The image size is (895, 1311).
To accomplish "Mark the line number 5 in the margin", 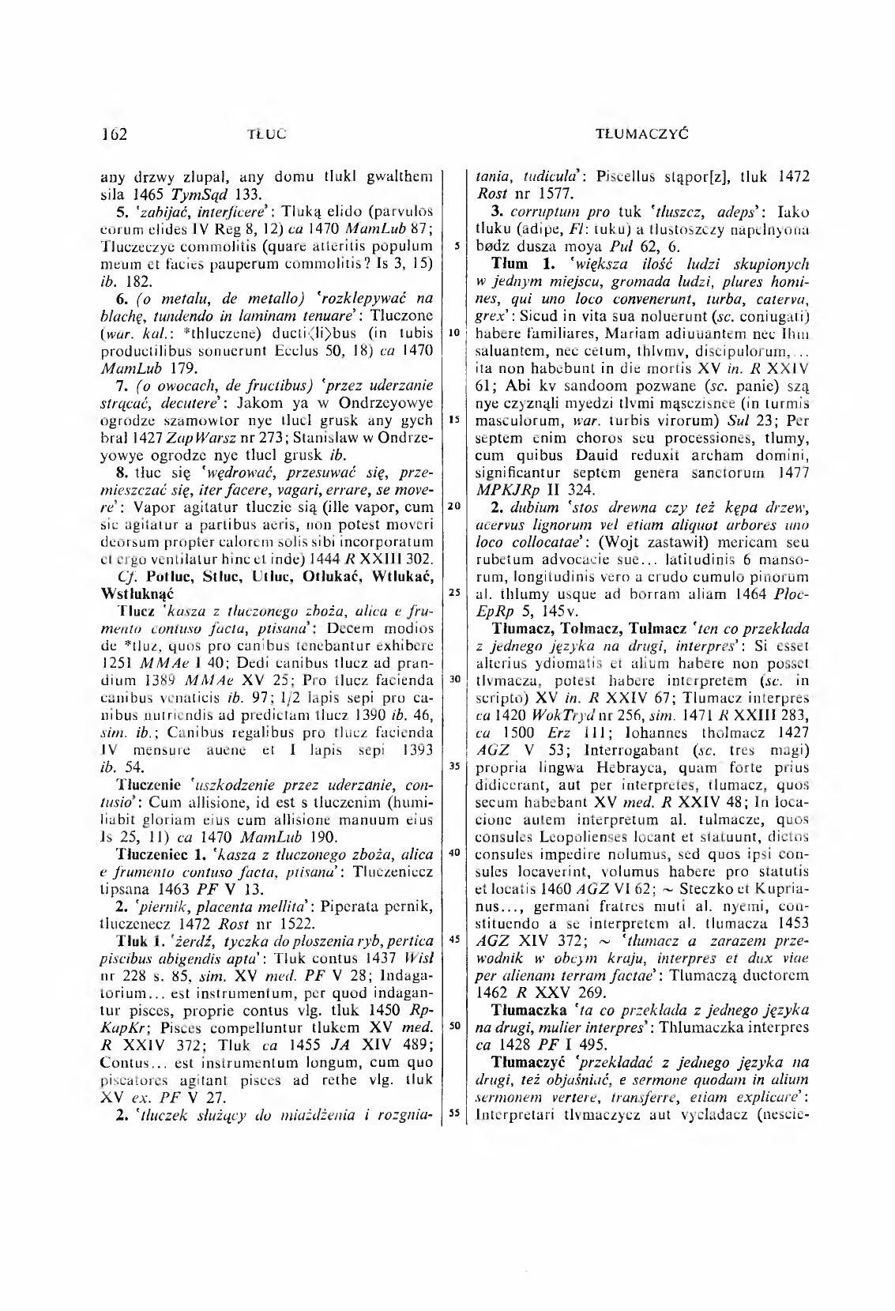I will click(x=456, y=246).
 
